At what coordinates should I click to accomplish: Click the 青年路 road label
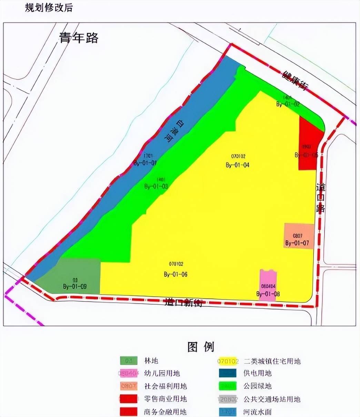pyautogui.click(x=79, y=38)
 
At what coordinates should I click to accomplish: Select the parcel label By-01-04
pyautogui.click(x=238, y=165)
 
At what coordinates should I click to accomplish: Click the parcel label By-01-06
pyautogui.click(x=176, y=274)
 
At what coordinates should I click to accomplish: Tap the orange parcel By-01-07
pyautogui.click(x=299, y=236)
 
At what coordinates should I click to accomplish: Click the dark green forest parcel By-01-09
pyautogui.click(x=71, y=277)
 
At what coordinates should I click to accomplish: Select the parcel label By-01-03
pyautogui.click(x=156, y=186)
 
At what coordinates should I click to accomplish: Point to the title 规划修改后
pyautogui.click(x=49, y=8)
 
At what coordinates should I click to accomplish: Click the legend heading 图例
pyautogui.click(x=201, y=346)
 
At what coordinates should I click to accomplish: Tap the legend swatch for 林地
pyautogui.click(x=129, y=361)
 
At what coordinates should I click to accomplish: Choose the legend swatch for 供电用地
pyautogui.click(x=228, y=373)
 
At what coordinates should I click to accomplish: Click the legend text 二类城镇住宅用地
pyautogui.click(x=272, y=361)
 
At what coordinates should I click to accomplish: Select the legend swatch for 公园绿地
pyautogui.click(x=228, y=386)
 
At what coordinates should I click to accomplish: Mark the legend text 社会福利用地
pyautogui.click(x=166, y=386)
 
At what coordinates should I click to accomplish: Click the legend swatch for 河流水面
pyautogui.click(x=228, y=411)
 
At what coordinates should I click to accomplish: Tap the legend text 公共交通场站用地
pyautogui.click(x=272, y=399)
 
